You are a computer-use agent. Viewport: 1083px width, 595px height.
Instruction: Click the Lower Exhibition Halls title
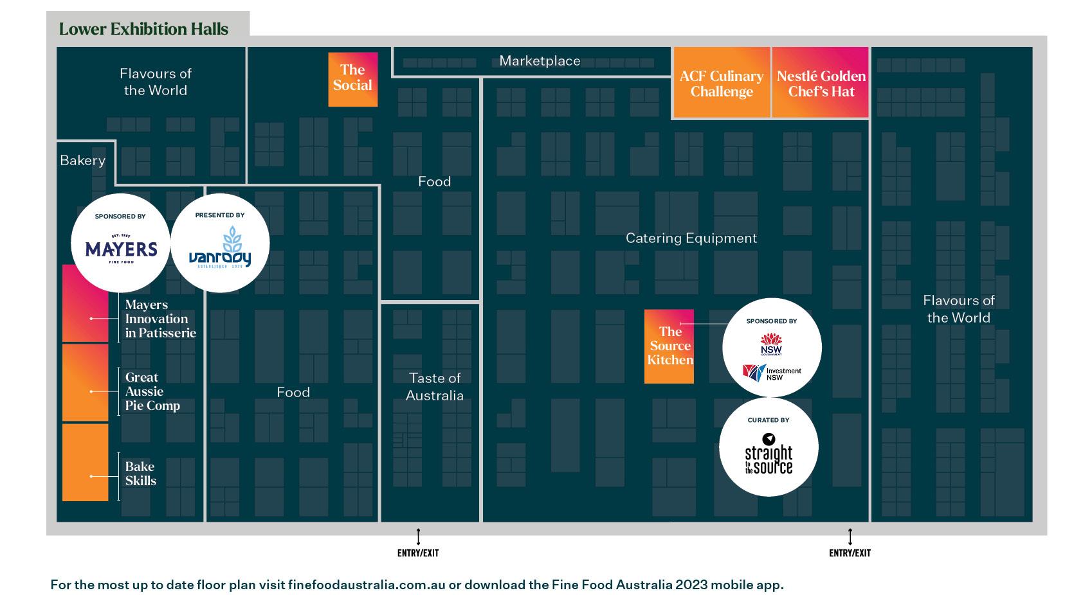[143, 29]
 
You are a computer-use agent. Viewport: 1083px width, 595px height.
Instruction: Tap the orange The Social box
[352, 78]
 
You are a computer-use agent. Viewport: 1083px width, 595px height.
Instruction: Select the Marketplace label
[540, 61]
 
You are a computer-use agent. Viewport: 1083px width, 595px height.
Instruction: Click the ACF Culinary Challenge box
[721, 84]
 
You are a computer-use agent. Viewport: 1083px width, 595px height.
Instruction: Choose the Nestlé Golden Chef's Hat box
[821, 84]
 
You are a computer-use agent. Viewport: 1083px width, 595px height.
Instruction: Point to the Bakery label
[82, 161]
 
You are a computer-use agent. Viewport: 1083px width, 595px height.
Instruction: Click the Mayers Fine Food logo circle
[121, 243]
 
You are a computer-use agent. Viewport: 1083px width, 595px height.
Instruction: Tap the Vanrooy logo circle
[220, 243]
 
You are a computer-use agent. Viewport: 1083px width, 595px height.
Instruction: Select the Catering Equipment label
[691, 238]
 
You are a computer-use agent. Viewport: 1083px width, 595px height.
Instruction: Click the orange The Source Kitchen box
[669, 346]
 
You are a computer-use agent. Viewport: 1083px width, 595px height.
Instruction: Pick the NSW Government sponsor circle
[772, 347]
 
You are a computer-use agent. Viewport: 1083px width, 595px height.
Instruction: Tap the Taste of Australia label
[435, 386]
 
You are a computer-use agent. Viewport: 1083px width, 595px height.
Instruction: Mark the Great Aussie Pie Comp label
[152, 391]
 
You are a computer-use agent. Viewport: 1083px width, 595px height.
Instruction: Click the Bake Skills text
[140, 474]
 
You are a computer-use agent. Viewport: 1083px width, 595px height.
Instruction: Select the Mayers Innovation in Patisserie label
[160, 319]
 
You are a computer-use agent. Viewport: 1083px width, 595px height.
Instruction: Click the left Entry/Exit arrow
[418, 537]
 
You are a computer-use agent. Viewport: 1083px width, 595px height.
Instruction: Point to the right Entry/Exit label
[850, 553]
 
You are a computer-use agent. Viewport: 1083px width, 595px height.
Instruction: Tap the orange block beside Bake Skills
[85, 462]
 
